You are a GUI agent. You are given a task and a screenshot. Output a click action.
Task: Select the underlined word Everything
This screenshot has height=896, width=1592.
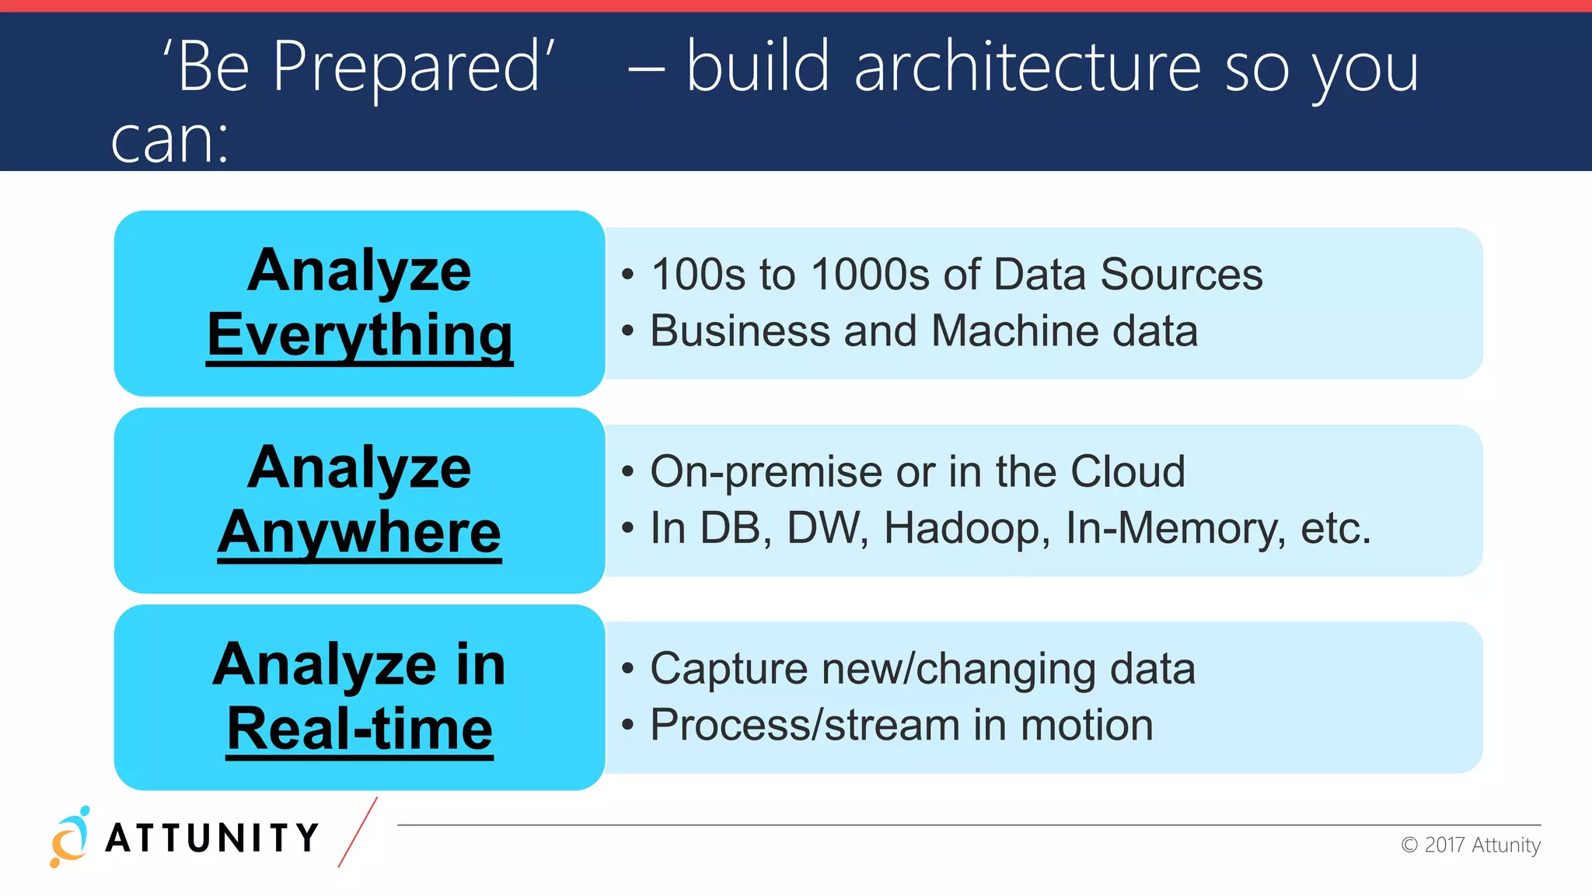[360, 335]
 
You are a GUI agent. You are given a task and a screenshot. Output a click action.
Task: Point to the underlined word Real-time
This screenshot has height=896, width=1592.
[360, 729]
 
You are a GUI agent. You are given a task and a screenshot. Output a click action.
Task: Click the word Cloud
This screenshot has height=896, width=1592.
[1127, 471]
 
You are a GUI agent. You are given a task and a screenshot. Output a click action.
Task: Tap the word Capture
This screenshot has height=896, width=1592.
[728, 669]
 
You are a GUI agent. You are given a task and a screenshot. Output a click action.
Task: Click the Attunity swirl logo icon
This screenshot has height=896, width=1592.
[70, 838]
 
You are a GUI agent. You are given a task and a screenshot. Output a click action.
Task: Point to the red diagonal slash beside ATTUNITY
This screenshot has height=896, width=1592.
[358, 831]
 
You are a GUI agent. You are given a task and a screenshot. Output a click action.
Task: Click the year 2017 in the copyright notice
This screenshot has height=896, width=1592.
[1444, 845]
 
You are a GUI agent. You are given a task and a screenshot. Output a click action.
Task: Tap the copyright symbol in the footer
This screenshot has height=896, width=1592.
[1409, 845]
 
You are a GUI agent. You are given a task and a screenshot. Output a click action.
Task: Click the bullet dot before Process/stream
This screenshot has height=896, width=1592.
[628, 726]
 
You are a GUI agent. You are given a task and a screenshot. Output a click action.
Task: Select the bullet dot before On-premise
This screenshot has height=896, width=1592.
[628, 472]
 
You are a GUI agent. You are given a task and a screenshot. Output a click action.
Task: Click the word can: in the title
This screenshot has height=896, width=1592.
[169, 142]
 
